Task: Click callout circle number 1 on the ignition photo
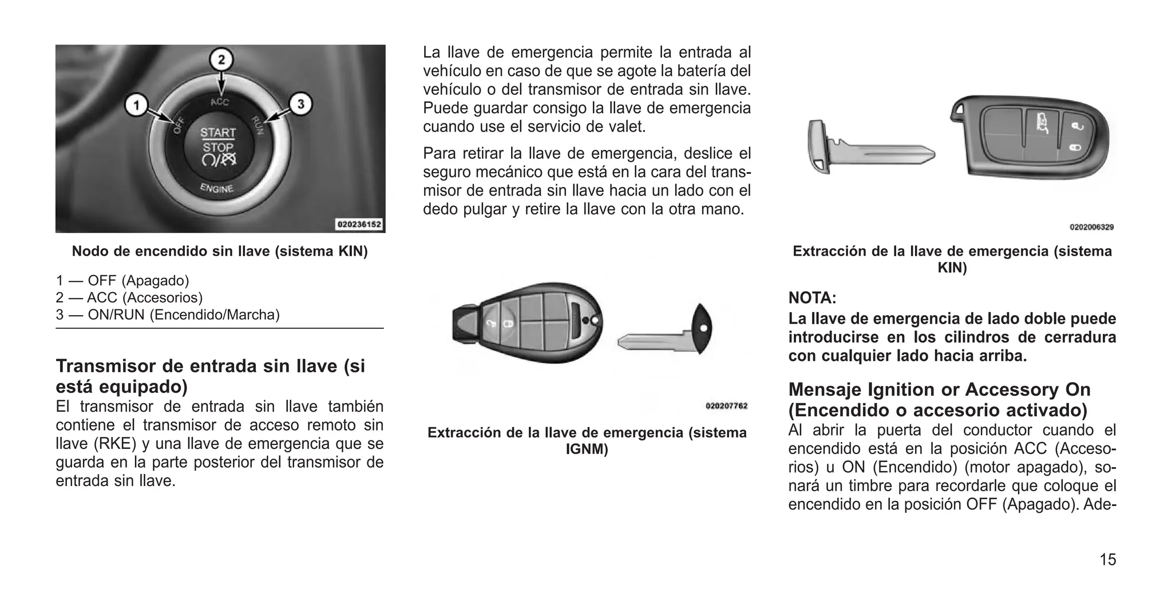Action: click(136, 106)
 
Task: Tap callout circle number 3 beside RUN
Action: click(301, 105)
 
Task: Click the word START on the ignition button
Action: click(217, 133)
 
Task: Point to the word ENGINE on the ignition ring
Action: click(216, 188)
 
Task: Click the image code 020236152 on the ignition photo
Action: click(359, 225)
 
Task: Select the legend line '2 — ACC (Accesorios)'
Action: click(129, 297)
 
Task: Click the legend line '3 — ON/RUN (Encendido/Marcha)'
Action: click(168, 315)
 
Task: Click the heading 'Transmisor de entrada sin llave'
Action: click(210, 366)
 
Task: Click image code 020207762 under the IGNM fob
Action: click(726, 406)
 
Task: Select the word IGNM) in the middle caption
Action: click(587, 449)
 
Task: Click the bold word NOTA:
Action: click(812, 298)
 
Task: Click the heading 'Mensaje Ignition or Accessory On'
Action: click(939, 389)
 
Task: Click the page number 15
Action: click(1107, 559)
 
